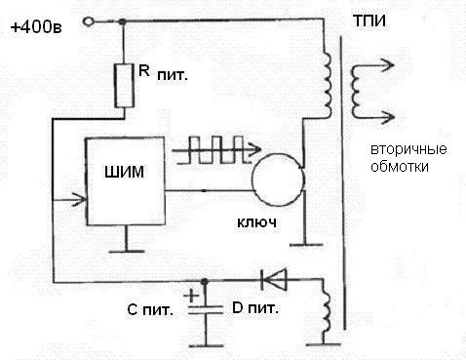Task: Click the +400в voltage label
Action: point(36,27)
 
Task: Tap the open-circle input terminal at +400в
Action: point(88,21)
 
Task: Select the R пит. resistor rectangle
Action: point(124,86)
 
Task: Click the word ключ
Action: point(256,222)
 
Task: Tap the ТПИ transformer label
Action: point(369,21)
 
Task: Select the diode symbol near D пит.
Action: point(274,279)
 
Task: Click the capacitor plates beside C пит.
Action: point(206,310)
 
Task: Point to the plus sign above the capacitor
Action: point(191,296)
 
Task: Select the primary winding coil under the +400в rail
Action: point(327,85)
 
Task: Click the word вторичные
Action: point(408,149)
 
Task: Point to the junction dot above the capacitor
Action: point(205,281)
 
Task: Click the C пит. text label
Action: point(150,310)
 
